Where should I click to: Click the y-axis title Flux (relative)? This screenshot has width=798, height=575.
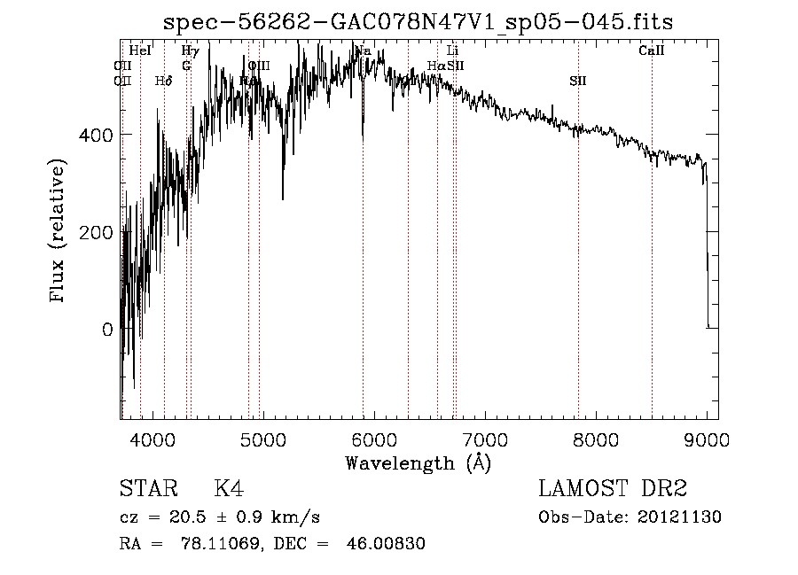59,232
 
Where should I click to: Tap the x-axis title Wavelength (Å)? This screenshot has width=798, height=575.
418,462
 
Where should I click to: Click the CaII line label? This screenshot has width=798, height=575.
652,51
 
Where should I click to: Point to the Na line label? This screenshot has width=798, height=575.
363,51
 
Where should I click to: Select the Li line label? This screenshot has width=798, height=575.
452,51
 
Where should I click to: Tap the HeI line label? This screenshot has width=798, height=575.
140,51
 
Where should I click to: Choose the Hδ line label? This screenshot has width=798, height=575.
163,82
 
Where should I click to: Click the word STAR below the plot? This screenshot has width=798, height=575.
147,489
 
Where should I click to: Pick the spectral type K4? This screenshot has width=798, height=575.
229,489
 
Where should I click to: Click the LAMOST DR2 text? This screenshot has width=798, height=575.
613,489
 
